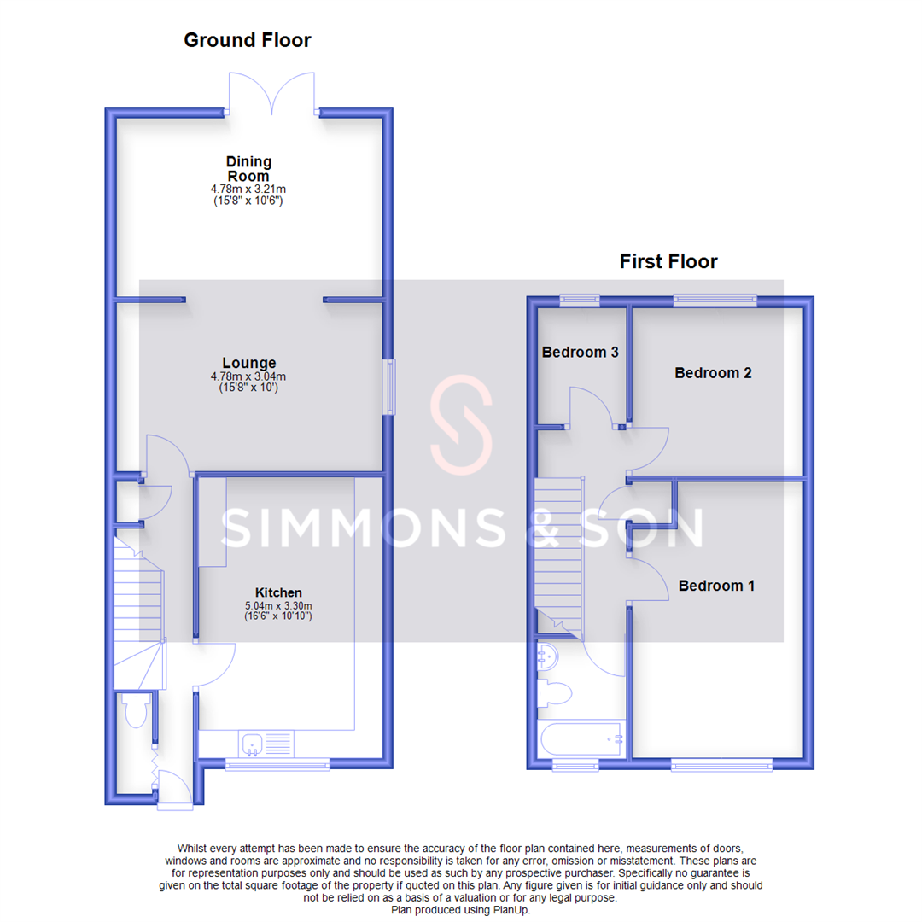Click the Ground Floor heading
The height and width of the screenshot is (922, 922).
[248, 40]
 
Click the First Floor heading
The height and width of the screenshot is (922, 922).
[668, 261]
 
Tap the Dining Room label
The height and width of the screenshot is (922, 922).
[248, 168]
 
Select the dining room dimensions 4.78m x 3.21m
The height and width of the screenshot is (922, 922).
[248, 189]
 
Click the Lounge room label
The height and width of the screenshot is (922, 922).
[248, 363]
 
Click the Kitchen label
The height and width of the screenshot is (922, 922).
[278, 592]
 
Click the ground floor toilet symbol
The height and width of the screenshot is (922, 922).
[135, 710]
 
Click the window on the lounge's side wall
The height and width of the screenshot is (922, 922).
[391, 387]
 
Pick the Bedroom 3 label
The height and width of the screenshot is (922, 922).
[580, 352]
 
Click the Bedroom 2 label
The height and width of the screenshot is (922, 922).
[713, 373]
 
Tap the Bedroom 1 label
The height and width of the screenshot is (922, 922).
[716, 586]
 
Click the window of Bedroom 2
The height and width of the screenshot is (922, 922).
[715, 299]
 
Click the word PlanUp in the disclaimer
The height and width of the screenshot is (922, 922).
[511, 910]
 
